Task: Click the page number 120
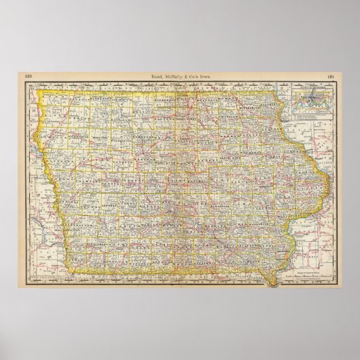coord(28,76)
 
